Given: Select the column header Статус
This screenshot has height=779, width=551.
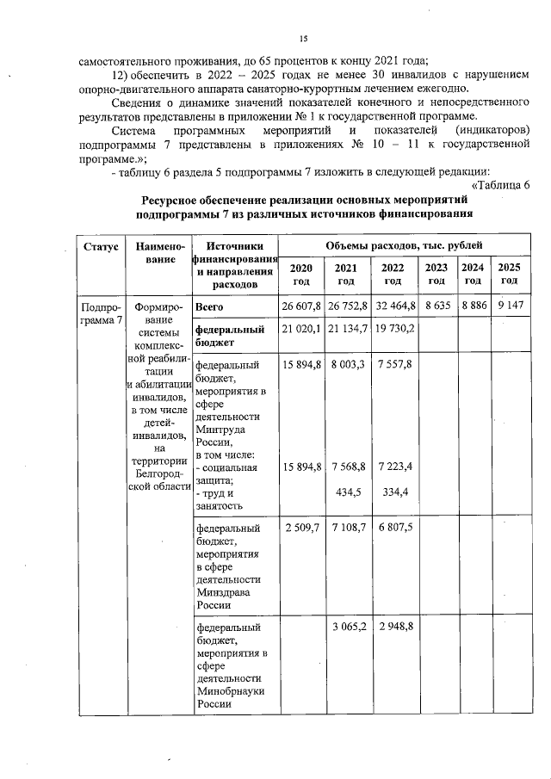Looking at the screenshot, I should coord(100,247).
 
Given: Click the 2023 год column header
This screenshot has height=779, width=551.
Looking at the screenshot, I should coord(436,274).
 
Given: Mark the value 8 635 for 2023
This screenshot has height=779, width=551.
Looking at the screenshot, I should coord(436,306).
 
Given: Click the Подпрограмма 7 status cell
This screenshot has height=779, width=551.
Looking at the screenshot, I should coord(100,313).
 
